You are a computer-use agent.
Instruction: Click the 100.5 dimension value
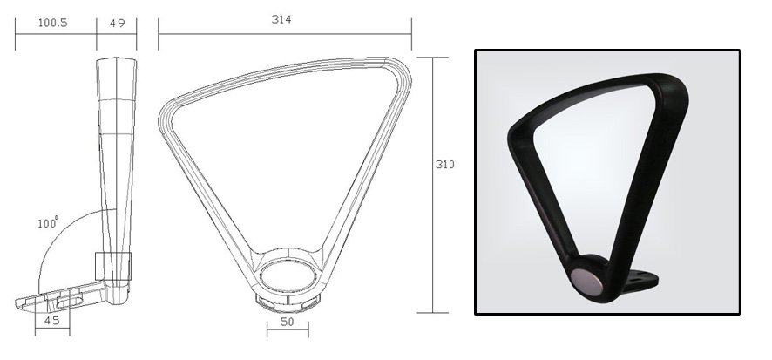point(53,23)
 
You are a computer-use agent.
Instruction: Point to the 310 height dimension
point(445,163)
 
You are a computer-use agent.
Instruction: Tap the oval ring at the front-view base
point(288,279)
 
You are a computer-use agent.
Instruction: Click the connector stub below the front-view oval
point(288,302)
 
